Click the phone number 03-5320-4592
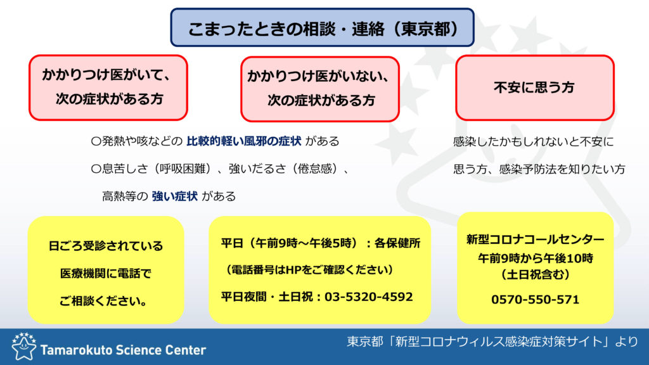tap(368, 297)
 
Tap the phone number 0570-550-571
tap(535, 299)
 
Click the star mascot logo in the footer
tap(23, 346)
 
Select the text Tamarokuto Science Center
tap(123, 350)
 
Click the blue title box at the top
tap(322, 27)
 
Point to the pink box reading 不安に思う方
tap(535, 87)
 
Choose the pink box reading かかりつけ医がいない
tap(320, 89)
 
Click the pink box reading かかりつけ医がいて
tap(108, 87)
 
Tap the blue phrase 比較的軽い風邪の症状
tap(244, 141)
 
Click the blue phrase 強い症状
tap(175, 196)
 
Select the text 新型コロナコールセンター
tap(535, 239)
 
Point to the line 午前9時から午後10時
tap(535, 259)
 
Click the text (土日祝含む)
tap(535, 274)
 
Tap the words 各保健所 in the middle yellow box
tap(397, 243)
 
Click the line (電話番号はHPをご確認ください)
tap(309, 270)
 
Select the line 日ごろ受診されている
tap(106, 246)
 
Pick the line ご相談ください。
tap(103, 301)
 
